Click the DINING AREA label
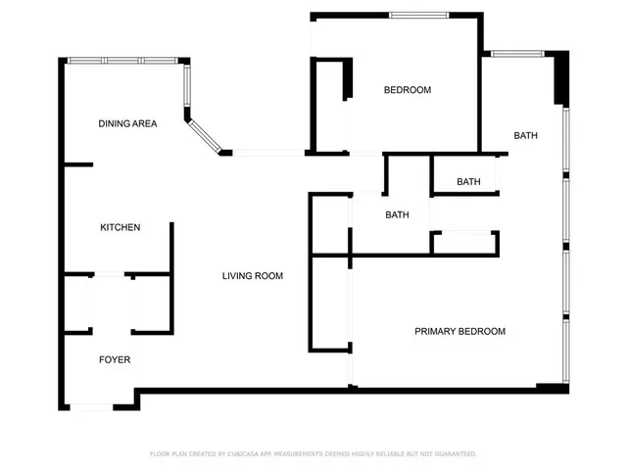tap(127, 123)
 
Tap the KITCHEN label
tap(121, 227)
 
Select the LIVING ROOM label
tap(252, 276)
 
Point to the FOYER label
tap(115, 359)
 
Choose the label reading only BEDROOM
tap(407, 90)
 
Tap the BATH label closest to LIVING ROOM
tap(397, 214)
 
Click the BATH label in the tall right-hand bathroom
tap(525, 135)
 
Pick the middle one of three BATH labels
tap(468, 181)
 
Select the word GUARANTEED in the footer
tap(454, 453)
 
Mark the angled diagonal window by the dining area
tap(205, 136)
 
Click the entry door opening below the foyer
tap(91, 406)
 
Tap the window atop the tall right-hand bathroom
tap(516, 53)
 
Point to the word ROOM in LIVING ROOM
tap(267, 276)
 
